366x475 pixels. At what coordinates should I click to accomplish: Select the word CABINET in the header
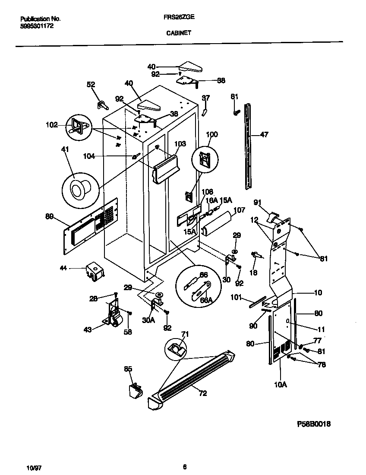coord(179,32)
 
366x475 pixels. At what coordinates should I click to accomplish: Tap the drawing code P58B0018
coord(314,424)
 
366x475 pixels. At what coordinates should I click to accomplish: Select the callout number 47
coord(264,135)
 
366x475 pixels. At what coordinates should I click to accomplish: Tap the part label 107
coord(239,211)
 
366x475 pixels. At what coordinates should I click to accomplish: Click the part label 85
coord(128,369)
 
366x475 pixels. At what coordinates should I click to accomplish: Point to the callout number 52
coord(91,85)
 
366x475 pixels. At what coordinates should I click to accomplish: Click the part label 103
coord(180,143)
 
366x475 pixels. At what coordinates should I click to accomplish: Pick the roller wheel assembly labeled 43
coord(115,316)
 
